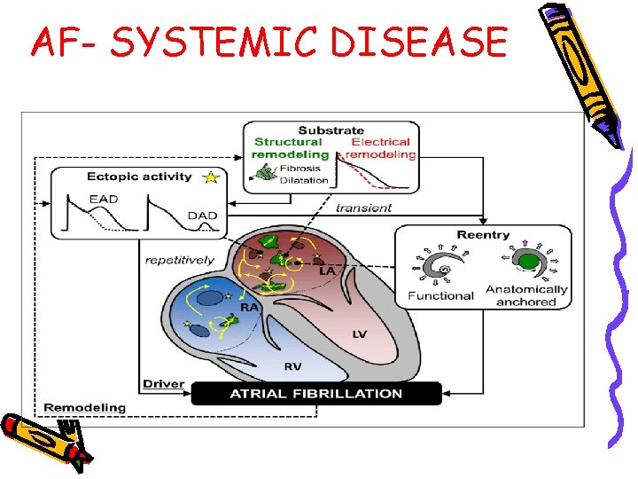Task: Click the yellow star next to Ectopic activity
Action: pyautogui.click(x=211, y=177)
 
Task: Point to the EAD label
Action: pyautogui.click(x=104, y=199)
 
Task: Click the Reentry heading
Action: pyautogui.click(x=483, y=235)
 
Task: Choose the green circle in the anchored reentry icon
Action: pyautogui.click(x=529, y=263)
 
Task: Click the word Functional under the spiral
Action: pyautogui.click(x=440, y=295)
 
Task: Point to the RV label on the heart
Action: pyautogui.click(x=293, y=366)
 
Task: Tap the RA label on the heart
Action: pyautogui.click(x=250, y=307)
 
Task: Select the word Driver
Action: pyautogui.click(x=163, y=384)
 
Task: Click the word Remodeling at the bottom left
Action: pyautogui.click(x=85, y=408)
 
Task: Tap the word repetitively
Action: pyautogui.click(x=180, y=260)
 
